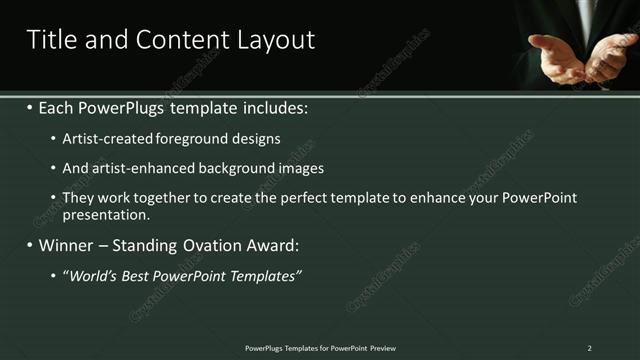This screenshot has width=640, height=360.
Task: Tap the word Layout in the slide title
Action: pos(276,40)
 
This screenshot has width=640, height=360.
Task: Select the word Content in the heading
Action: pos(175,40)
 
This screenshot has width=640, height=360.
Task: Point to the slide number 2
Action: pos(590,348)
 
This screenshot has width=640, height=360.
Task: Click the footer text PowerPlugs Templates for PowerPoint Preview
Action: pos(320,348)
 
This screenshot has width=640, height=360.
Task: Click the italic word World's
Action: pos(93,275)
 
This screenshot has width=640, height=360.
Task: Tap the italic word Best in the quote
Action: pos(141,275)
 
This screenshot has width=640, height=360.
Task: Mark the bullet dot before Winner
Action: pos(29,245)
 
